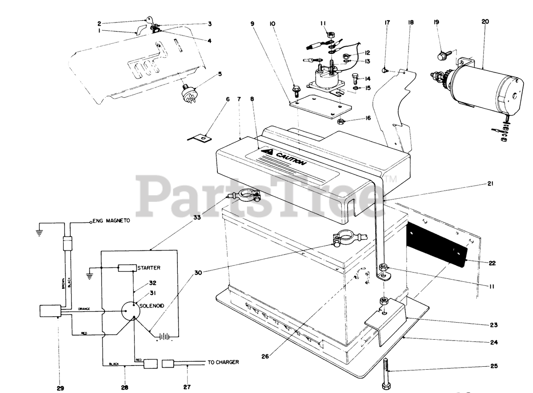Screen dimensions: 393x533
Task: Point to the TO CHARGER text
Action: (x=223, y=362)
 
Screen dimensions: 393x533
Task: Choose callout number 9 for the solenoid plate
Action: (x=252, y=24)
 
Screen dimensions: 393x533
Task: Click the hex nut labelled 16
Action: (x=340, y=121)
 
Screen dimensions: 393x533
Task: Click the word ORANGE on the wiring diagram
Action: (x=87, y=310)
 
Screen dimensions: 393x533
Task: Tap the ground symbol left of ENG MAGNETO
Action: (x=40, y=231)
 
